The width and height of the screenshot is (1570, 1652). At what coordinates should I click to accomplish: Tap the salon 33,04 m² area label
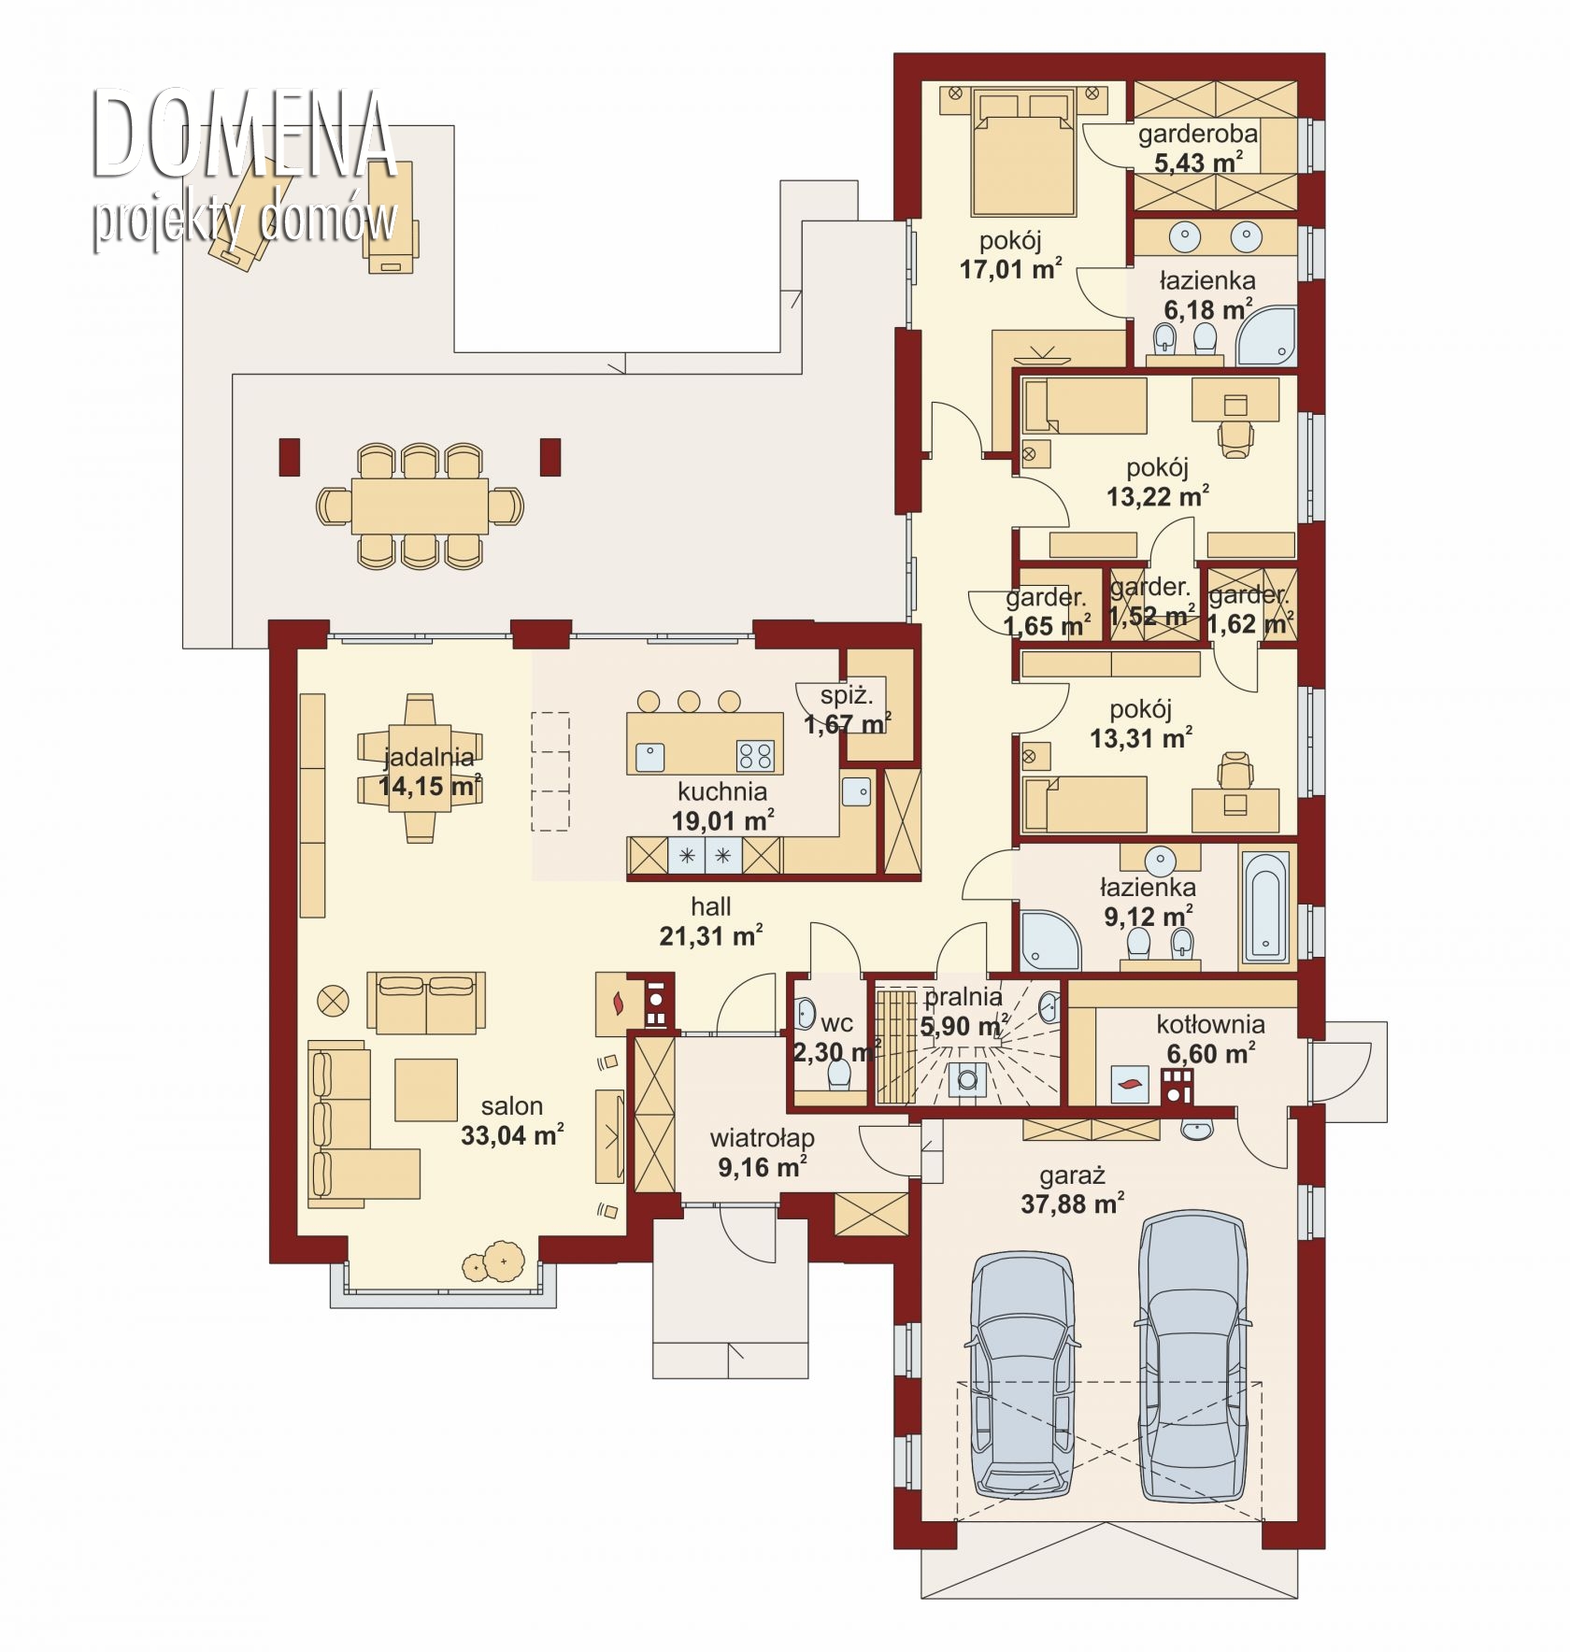coord(512,1121)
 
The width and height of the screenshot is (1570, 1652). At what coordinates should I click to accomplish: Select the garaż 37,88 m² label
coord(1072,1189)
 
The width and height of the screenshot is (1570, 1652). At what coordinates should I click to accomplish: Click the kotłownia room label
coord(1210,1024)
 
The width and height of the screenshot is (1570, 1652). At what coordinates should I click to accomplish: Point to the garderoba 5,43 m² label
coord(1198,148)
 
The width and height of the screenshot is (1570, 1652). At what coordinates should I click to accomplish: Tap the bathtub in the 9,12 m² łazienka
coord(1266,905)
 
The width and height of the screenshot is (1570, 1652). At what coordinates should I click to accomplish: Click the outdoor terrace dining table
coord(420,506)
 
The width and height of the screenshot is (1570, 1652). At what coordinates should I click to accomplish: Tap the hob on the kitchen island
coord(755,755)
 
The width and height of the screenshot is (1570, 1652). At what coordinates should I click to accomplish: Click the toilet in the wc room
coord(838,1075)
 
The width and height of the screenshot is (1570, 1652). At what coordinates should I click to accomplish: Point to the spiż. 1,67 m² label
coord(847,709)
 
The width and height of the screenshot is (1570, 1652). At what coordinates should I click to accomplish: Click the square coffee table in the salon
coord(426,1089)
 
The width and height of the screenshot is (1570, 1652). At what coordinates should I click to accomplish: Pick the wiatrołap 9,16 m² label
coord(762,1152)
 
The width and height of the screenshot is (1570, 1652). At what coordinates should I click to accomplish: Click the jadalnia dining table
coord(420,768)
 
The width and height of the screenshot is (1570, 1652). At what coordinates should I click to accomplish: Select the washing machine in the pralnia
coord(966,1079)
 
